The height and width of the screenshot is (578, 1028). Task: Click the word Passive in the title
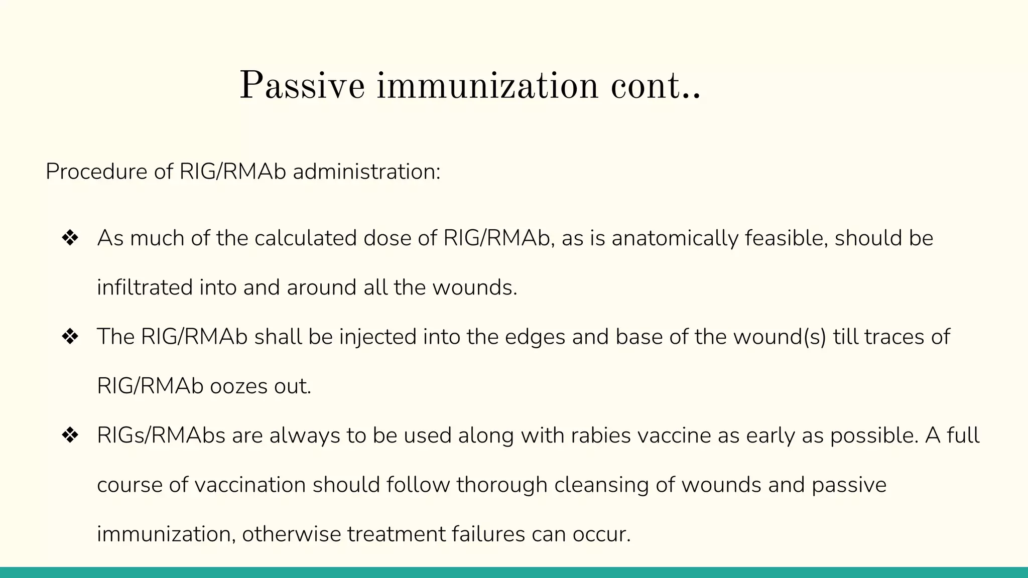pos(302,86)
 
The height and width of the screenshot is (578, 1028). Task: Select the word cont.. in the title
pos(655,86)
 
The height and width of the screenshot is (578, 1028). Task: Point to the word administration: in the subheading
pos(366,172)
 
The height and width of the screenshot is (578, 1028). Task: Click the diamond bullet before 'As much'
pos(70,238)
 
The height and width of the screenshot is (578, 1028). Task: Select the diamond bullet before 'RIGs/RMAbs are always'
pos(70,436)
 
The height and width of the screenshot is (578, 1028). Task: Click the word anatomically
pos(675,238)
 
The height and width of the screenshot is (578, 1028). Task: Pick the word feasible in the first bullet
pos(786,238)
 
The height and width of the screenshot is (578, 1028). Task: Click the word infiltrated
pos(145,287)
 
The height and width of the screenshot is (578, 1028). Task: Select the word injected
pos(378,337)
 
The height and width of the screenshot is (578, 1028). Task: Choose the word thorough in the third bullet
pos(502,485)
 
